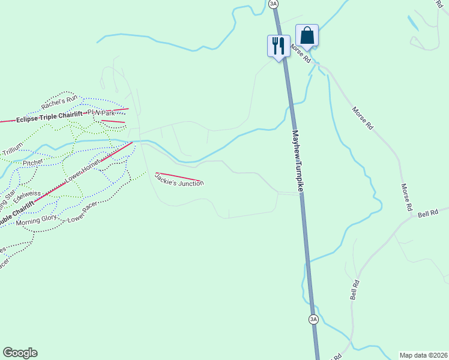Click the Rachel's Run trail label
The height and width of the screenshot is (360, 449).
point(59,103)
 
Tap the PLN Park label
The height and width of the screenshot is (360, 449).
point(101,113)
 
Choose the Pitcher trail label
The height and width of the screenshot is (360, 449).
point(33,163)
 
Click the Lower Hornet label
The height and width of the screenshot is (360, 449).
point(83,172)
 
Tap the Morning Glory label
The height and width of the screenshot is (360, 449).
point(36,218)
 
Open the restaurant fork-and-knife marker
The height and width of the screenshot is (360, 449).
point(278,45)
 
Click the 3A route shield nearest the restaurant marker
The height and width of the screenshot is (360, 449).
point(274,4)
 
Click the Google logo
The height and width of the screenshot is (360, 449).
point(20,353)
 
